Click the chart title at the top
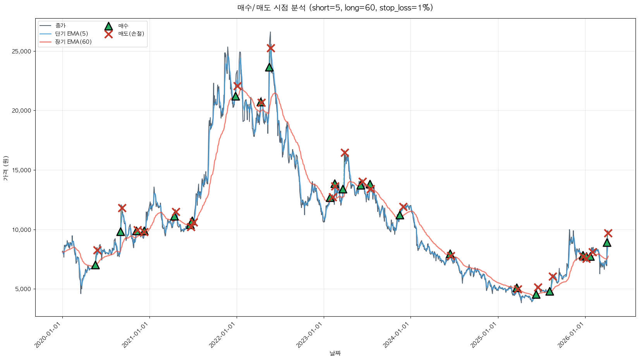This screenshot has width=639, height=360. (x=335, y=8)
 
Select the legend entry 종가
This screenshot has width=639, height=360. (x=60, y=26)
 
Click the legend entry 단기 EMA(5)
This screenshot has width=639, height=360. (x=71, y=34)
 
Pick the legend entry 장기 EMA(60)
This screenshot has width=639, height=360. (x=73, y=42)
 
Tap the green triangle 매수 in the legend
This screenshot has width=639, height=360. (x=108, y=26)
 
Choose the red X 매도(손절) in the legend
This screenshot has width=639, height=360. (x=108, y=34)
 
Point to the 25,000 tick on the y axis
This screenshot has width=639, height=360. (x=23, y=51)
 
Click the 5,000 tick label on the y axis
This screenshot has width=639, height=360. (x=24, y=289)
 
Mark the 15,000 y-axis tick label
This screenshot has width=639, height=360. (x=23, y=170)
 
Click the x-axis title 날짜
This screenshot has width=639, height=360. (x=335, y=353)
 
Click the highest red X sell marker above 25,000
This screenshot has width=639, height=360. (x=271, y=48)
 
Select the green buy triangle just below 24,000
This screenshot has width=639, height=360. (x=269, y=67)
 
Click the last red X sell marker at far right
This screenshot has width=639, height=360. (x=608, y=233)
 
